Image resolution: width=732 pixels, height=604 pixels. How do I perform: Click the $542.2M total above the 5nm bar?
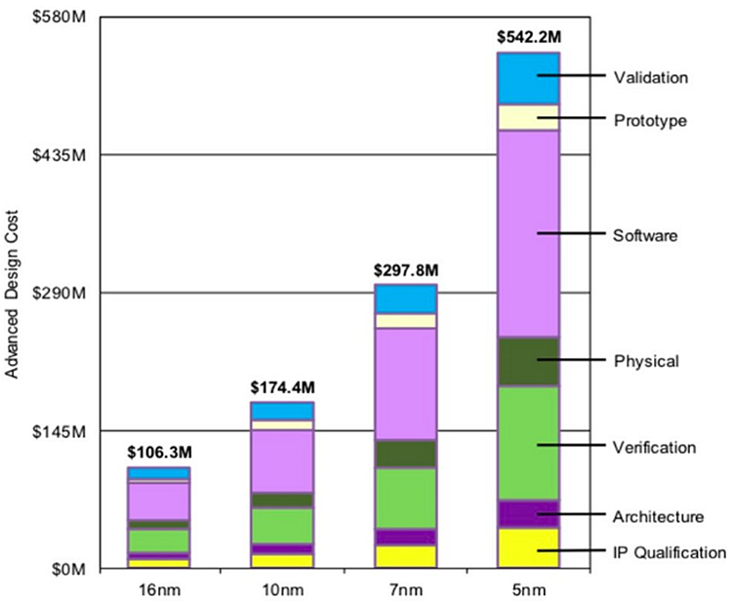point(529,38)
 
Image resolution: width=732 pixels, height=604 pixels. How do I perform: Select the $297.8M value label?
point(405,269)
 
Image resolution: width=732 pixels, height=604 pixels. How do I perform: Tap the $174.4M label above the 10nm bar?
point(282,387)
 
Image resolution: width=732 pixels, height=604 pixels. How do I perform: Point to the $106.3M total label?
point(158,452)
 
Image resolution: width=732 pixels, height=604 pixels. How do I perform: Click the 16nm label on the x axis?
point(158,590)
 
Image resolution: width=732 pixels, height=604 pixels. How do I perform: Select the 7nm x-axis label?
point(405,590)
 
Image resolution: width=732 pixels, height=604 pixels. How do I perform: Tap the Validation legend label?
point(652,77)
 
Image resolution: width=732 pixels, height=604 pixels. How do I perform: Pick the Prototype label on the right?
point(650,121)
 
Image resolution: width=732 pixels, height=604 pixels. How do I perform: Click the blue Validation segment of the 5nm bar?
point(528,78)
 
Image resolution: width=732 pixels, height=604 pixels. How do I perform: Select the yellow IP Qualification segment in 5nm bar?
point(528,546)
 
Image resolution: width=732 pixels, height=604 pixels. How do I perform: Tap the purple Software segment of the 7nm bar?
point(405,383)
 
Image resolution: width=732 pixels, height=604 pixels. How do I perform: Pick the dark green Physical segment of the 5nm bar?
point(528,361)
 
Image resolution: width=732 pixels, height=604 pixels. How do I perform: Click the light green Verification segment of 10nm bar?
point(282,525)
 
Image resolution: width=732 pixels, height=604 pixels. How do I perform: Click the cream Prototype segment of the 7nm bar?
point(405,320)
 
